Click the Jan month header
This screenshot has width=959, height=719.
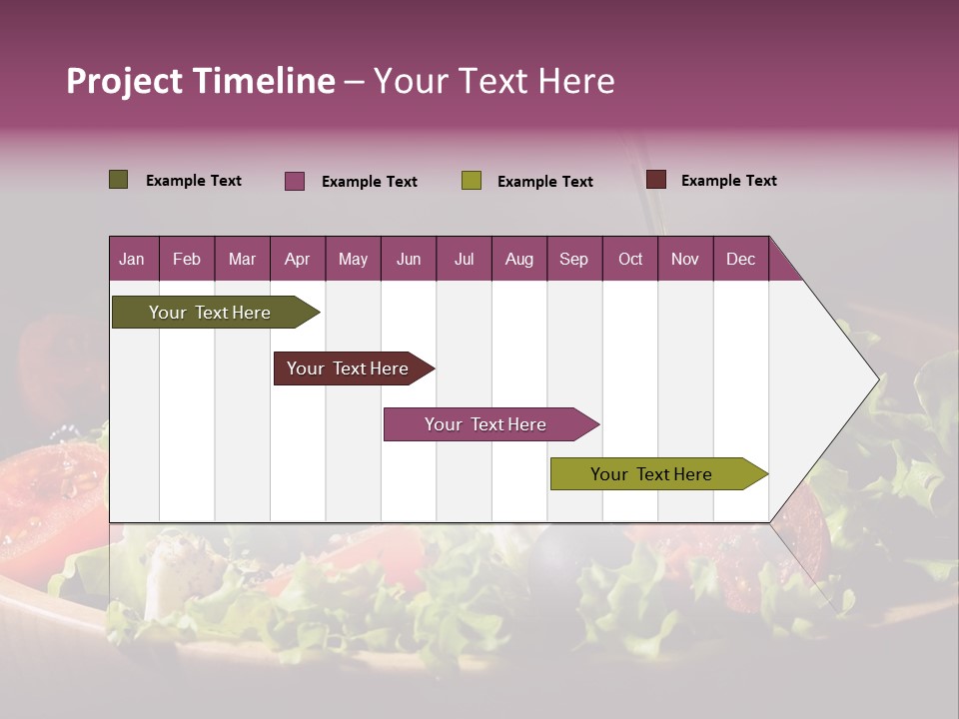[x=132, y=259]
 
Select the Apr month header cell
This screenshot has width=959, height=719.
[x=297, y=259]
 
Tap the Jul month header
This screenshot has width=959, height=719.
[x=464, y=259]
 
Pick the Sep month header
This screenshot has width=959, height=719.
[x=573, y=259]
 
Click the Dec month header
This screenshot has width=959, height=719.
[x=740, y=259]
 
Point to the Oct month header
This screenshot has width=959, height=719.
[x=629, y=259]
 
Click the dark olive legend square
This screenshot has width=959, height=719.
[x=118, y=180]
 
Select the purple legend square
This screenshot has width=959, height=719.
[x=294, y=181]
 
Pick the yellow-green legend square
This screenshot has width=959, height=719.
[x=471, y=181]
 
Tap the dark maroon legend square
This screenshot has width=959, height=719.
[x=655, y=180]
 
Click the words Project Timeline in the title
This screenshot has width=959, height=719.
[x=200, y=81]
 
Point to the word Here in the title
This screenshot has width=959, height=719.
[x=576, y=81]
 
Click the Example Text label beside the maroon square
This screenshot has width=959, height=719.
[x=728, y=181]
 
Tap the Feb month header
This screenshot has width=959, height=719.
[x=187, y=259]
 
